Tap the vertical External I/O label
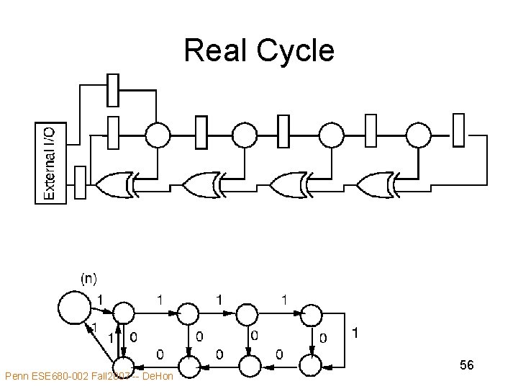50,163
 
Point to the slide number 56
466,366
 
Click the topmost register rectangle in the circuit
113,89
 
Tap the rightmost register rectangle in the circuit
458,130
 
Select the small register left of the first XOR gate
81,183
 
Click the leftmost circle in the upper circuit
158,134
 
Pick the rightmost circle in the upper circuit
418,134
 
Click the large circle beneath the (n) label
73,307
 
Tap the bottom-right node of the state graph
311,366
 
